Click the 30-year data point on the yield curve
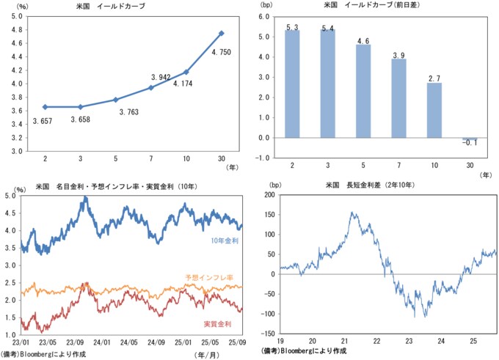[222, 33]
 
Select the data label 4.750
[222, 52]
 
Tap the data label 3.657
[45, 120]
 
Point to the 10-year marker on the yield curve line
[187, 72]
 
